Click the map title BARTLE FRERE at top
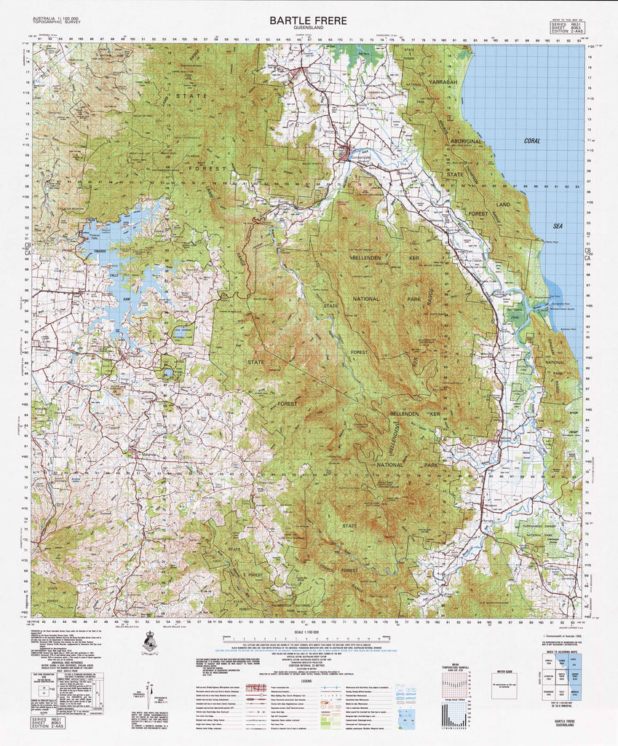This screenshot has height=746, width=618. pos(308,20)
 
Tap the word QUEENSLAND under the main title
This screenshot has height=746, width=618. pos(308,29)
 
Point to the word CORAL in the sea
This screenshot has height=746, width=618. pos(531,141)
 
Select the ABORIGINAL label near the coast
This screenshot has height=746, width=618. pos(470,140)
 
